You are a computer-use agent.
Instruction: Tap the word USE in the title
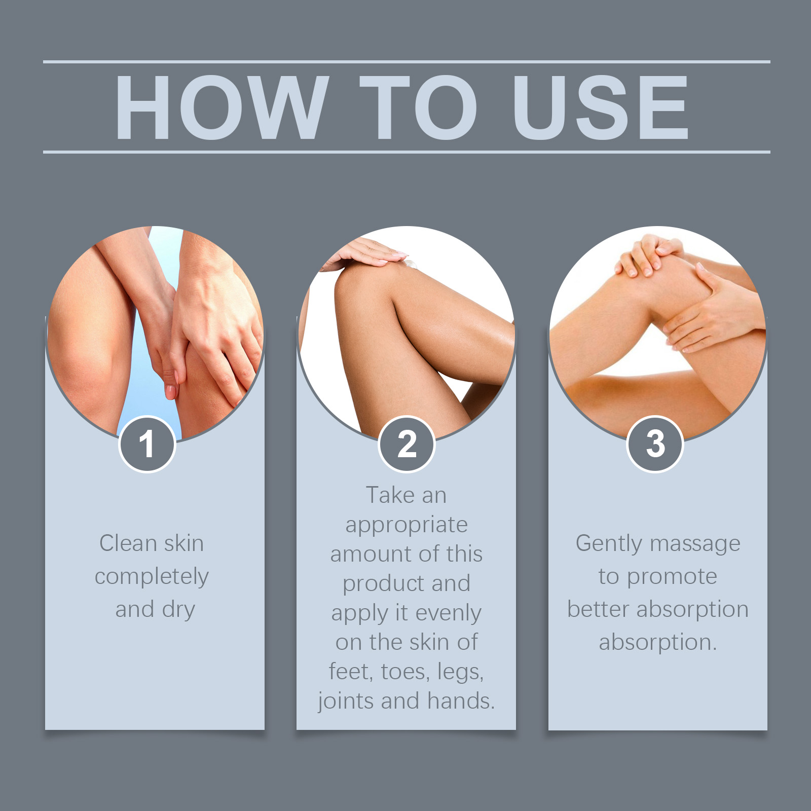tap(600, 107)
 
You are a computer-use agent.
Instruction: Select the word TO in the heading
tap(419, 107)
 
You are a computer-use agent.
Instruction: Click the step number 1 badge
tap(147, 444)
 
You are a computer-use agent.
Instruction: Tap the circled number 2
tap(407, 444)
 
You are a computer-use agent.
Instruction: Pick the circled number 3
tap(655, 444)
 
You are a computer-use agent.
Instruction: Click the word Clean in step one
tap(128, 543)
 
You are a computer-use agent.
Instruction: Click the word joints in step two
tap(347, 702)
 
